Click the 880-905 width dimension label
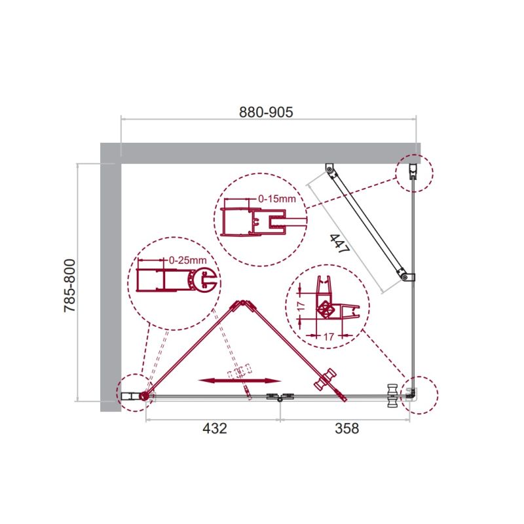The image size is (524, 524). (x=266, y=112)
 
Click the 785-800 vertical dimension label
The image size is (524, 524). (x=70, y=286)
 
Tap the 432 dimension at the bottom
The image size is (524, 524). (x=215, y=428)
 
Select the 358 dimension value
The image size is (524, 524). (x=347, y=428)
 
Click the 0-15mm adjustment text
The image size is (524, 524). (x=277, y=199)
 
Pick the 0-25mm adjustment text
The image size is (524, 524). (x=187, y=260)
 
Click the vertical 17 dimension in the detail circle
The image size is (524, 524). (x=301, y=305)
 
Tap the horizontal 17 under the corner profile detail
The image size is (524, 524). (x=329, y=337)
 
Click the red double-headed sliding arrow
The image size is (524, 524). (x=240, y=381)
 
